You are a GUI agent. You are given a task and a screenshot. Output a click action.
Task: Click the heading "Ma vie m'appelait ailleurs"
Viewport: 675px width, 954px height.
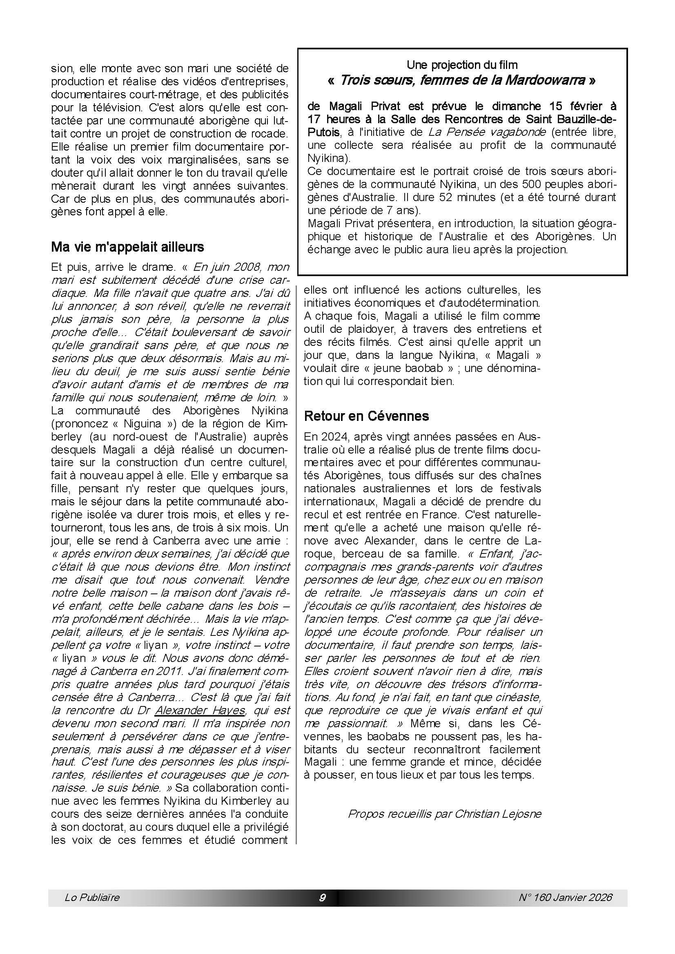(127, 247)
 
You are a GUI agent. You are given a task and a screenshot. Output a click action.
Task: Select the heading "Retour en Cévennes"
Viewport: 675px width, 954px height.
(366, 416)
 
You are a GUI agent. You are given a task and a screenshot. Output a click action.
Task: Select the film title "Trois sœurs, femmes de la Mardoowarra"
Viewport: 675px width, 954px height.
(462, 81)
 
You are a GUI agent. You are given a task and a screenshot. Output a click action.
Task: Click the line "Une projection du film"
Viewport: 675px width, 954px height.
(462, 65)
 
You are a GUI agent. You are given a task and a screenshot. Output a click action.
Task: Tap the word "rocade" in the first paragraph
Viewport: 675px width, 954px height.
(270, 134)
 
